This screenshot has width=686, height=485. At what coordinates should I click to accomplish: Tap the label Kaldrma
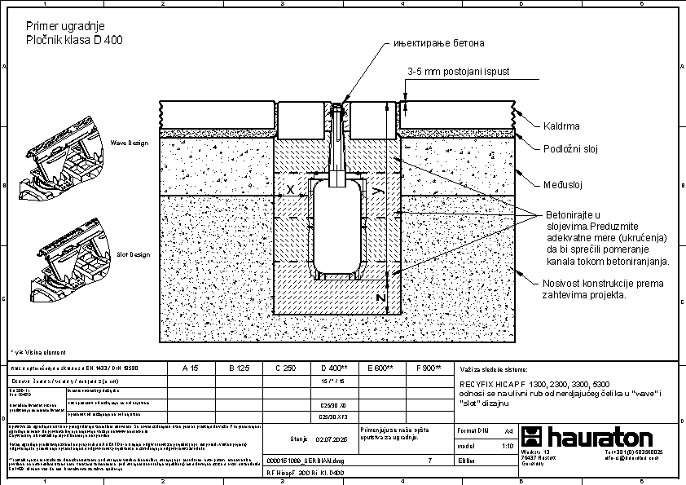click(561, 126)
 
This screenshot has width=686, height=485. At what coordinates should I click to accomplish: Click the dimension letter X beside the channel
click(290, 189)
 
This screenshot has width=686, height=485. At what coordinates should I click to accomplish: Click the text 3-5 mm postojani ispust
click(458, 72)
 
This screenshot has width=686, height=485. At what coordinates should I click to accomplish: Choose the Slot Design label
click(133, 254)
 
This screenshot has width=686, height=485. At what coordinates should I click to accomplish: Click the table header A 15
click(189, 368)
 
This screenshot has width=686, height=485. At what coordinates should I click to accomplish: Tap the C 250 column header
click(284, 368)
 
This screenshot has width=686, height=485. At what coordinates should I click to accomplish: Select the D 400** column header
click(335, 368)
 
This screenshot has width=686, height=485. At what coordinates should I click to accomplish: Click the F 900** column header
click(428, 368)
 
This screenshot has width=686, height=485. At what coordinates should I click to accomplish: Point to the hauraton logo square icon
click(534, 436)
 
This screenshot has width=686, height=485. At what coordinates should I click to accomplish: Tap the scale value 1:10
click(507, 447)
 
